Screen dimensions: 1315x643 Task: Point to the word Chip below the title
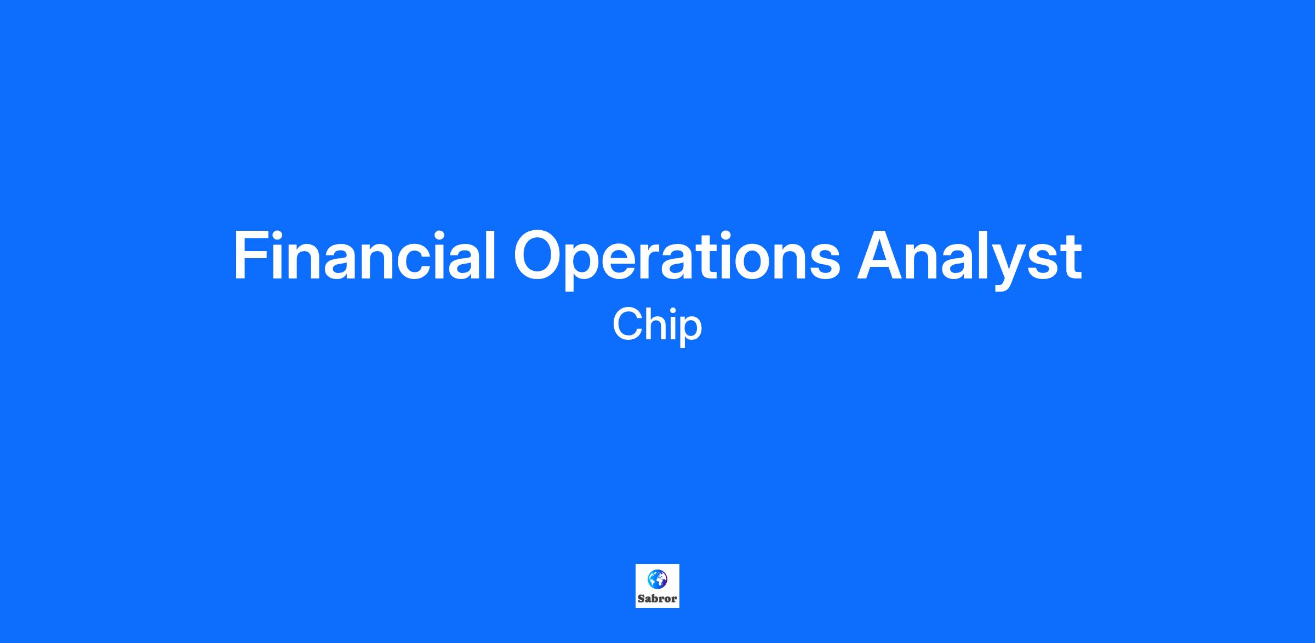coord(657,326)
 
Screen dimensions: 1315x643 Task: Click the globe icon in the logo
coord(658,579)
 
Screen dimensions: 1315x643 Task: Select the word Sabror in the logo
coord(658,599)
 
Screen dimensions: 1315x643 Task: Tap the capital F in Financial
coord(251,255)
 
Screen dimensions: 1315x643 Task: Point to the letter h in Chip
coord(658,324)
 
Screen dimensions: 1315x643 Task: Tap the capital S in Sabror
coord(641,599)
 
